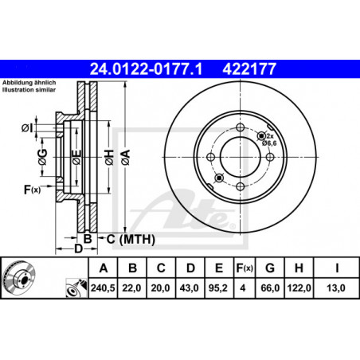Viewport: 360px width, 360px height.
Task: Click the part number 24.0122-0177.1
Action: (x=146, y=69)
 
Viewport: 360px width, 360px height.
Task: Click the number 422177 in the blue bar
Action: (x=249, y=69)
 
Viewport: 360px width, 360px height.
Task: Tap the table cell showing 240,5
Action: (x=103, y=288)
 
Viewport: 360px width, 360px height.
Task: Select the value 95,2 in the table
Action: (x=218, y=288)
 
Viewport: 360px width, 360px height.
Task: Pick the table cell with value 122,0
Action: (x=299, y=288)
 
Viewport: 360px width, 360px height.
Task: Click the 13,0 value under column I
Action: (x=336, y=288)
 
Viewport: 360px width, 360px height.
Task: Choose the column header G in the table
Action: (x=270, y=268)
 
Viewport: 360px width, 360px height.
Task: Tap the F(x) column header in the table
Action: (x=245, y=268)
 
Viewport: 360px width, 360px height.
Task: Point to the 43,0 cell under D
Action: (x=189, y=288)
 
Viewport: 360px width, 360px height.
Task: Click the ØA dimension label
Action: (x=126, y=158)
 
